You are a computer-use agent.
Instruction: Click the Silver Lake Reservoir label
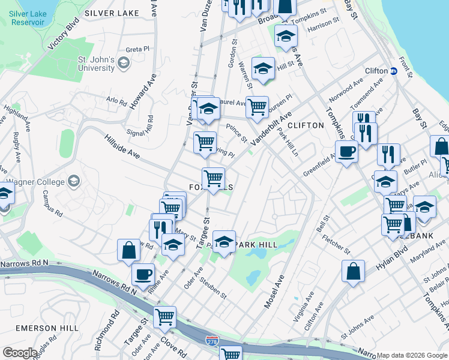pos(27,17)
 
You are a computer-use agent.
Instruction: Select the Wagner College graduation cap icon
pos(74,181)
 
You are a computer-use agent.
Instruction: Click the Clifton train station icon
pos(394,71)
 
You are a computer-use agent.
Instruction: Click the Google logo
pos(20,353)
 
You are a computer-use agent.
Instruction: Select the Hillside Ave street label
pos(122,146)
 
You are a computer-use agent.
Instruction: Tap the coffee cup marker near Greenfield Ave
pos(346,151)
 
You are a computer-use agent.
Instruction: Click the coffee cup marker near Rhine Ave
pos(143,274)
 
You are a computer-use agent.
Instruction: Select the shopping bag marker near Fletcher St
pos(354,270)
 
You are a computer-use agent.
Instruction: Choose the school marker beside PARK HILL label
pos(224,242)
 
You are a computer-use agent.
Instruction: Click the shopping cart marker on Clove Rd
pos(164,316)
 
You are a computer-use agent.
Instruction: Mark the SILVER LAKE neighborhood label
pos(112,13)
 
